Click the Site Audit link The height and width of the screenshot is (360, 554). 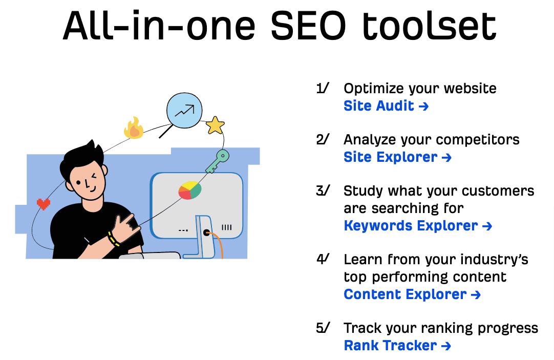click(386, 106)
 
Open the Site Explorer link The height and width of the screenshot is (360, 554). click(397, 157)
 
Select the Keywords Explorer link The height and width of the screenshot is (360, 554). click(417, 226)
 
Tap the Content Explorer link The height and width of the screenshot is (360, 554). click(412, 294)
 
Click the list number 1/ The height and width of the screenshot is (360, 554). click(323, 89)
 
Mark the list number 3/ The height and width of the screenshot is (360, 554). click(323, 191)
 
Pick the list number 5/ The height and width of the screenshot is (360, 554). click(323, 328)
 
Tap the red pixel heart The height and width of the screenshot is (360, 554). click(44, 204)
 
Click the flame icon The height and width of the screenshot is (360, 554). click(134, 128)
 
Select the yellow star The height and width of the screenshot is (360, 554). click(215, 125)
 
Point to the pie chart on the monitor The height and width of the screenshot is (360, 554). click(189, 190)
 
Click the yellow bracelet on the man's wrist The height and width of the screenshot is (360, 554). click(113, 238)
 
